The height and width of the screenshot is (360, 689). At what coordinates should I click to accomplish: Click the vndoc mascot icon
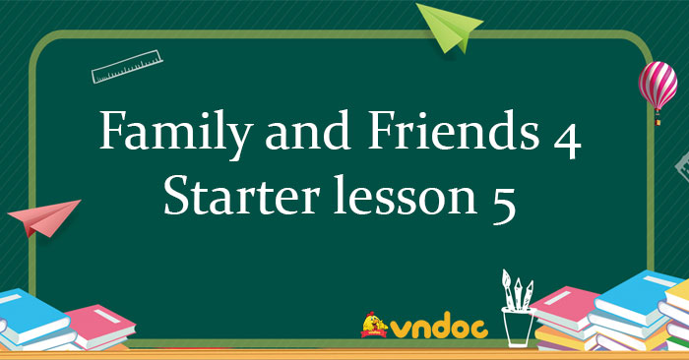point(372,326)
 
